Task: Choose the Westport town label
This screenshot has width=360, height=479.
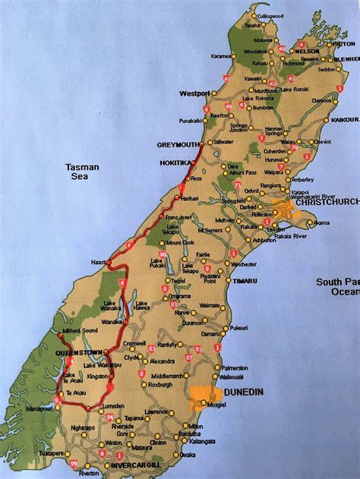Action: (x=194, y=93)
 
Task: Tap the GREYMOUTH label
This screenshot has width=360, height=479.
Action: (x=178, y=145)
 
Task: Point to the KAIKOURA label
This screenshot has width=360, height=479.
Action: (x=346, y=119)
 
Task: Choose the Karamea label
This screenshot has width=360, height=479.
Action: (x=221, y=55)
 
